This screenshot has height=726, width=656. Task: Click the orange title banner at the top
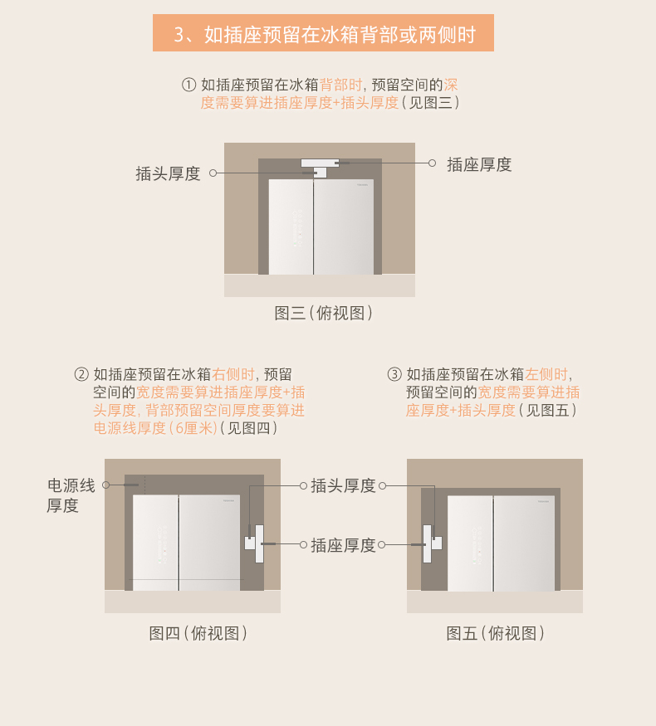pos(323,33)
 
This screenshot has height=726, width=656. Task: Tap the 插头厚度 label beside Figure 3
pos(168,173)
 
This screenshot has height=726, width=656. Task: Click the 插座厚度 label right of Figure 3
pos(479,164)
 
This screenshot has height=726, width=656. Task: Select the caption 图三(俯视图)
pos(323,313)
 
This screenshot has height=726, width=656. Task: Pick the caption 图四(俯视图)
pos(198,633)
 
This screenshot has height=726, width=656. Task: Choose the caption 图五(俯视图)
pos(495,633)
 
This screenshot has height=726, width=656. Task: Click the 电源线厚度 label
pos(71,495)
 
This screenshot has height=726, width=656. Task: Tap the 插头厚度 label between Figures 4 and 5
pos(343,485)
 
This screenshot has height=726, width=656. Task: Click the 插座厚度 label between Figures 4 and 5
pos(343,545)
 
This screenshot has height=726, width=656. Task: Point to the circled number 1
pos(188,85)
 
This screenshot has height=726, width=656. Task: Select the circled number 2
pos(81,374)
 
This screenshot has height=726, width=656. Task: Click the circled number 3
pos(394,374)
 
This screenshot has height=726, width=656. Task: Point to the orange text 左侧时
pos(546,374)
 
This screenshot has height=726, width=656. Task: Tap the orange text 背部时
pos(340,85)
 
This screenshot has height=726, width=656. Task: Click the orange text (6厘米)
pos(193,428)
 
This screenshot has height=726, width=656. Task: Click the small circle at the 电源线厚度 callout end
pos(106,485)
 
